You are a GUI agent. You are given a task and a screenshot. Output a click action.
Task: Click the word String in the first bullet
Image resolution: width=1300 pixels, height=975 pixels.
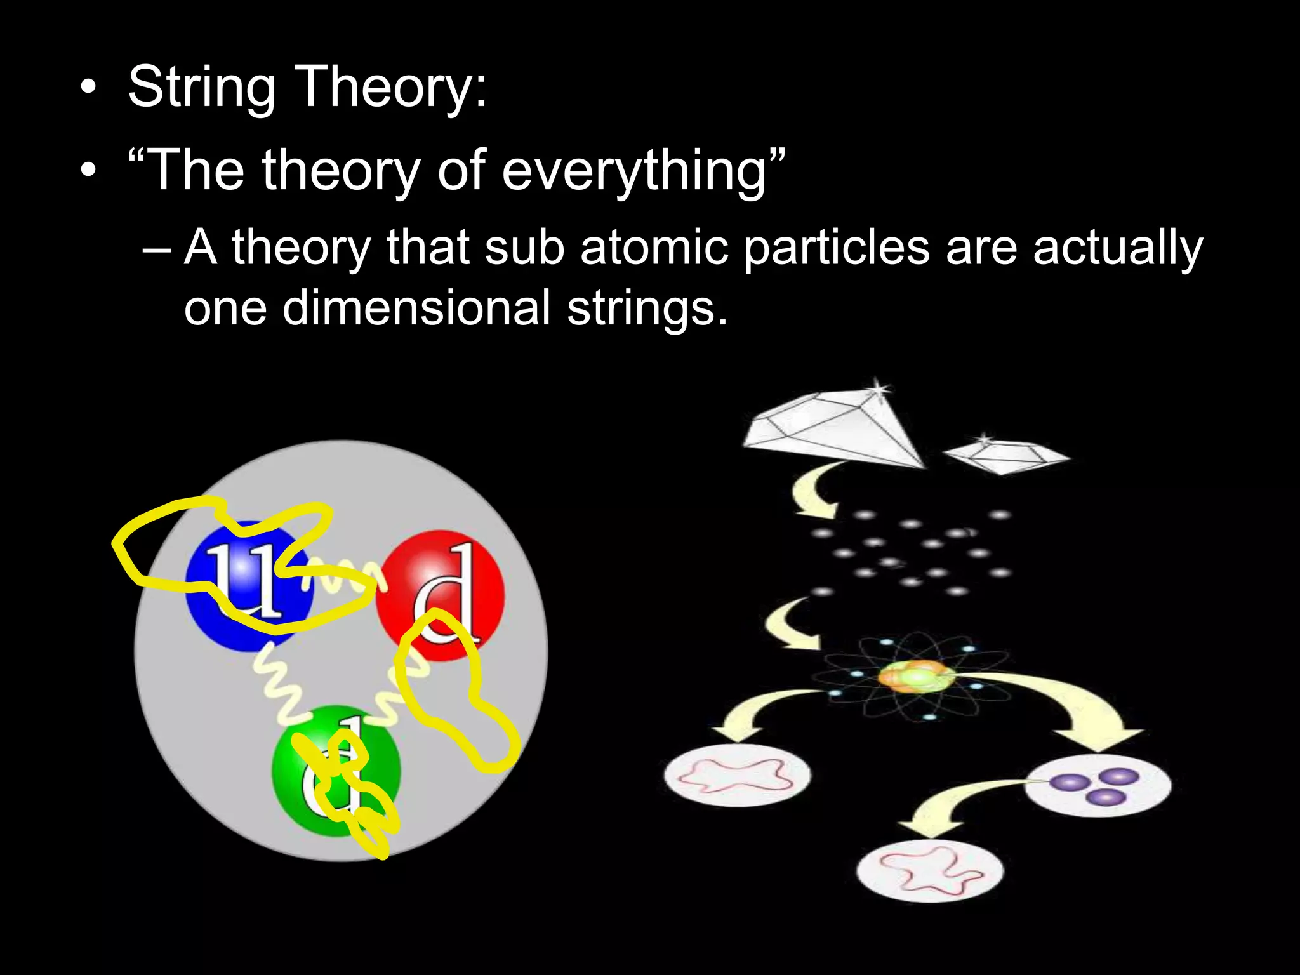tap(202, 87)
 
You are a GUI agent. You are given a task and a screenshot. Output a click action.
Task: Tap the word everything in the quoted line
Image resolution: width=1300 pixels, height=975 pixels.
tap(634, 170)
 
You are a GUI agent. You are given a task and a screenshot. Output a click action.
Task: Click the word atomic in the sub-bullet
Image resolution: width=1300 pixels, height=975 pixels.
tap(654, 248)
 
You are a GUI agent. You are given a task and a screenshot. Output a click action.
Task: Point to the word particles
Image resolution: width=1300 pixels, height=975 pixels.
tap(836, 248)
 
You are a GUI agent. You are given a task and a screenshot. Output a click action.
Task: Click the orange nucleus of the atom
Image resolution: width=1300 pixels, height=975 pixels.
tap(914, 677)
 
